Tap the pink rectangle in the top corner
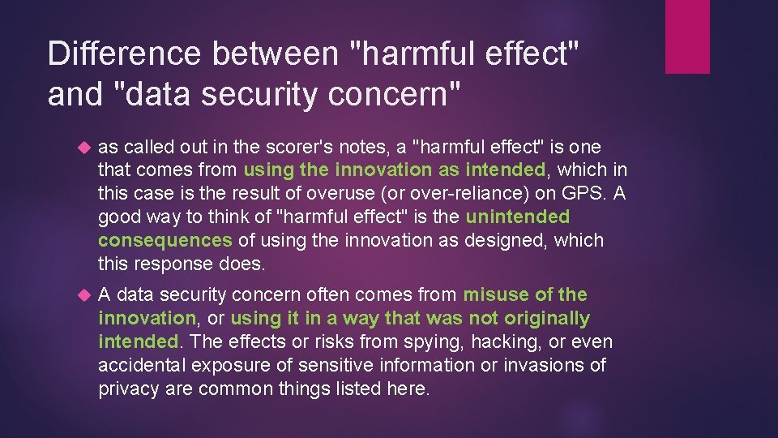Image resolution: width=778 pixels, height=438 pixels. coord(686,36)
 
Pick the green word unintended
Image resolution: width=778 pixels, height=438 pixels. coord(518,217)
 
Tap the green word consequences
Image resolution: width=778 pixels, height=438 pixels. coord(165,241)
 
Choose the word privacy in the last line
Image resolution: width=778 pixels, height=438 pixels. coord(127,389)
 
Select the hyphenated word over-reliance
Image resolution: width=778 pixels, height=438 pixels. coord(449,194)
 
